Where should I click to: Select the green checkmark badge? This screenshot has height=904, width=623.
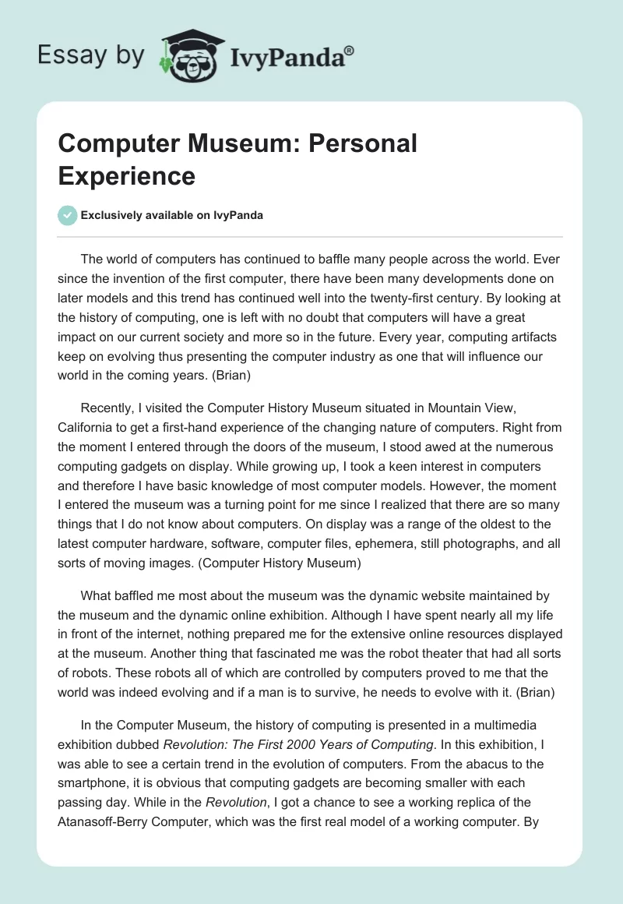click(68, 215)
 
